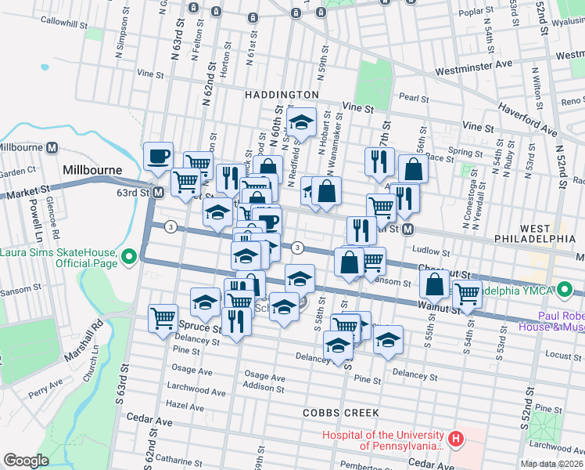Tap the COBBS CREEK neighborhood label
342,412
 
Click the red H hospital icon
455,436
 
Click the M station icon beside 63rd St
158,192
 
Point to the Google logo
26,461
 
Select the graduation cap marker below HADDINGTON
300,122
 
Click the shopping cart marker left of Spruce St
163,318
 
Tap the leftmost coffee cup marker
158,156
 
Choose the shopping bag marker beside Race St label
413,168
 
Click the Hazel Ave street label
185,406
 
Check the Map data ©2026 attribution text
552,463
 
